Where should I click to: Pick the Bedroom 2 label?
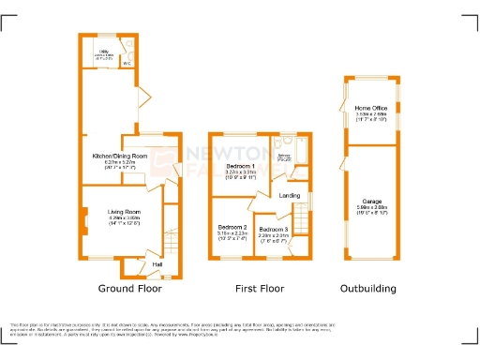pos(232,228)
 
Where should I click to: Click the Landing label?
pos(290,195)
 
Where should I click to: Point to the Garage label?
pos(373,200)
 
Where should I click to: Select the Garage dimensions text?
pos(373,210)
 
